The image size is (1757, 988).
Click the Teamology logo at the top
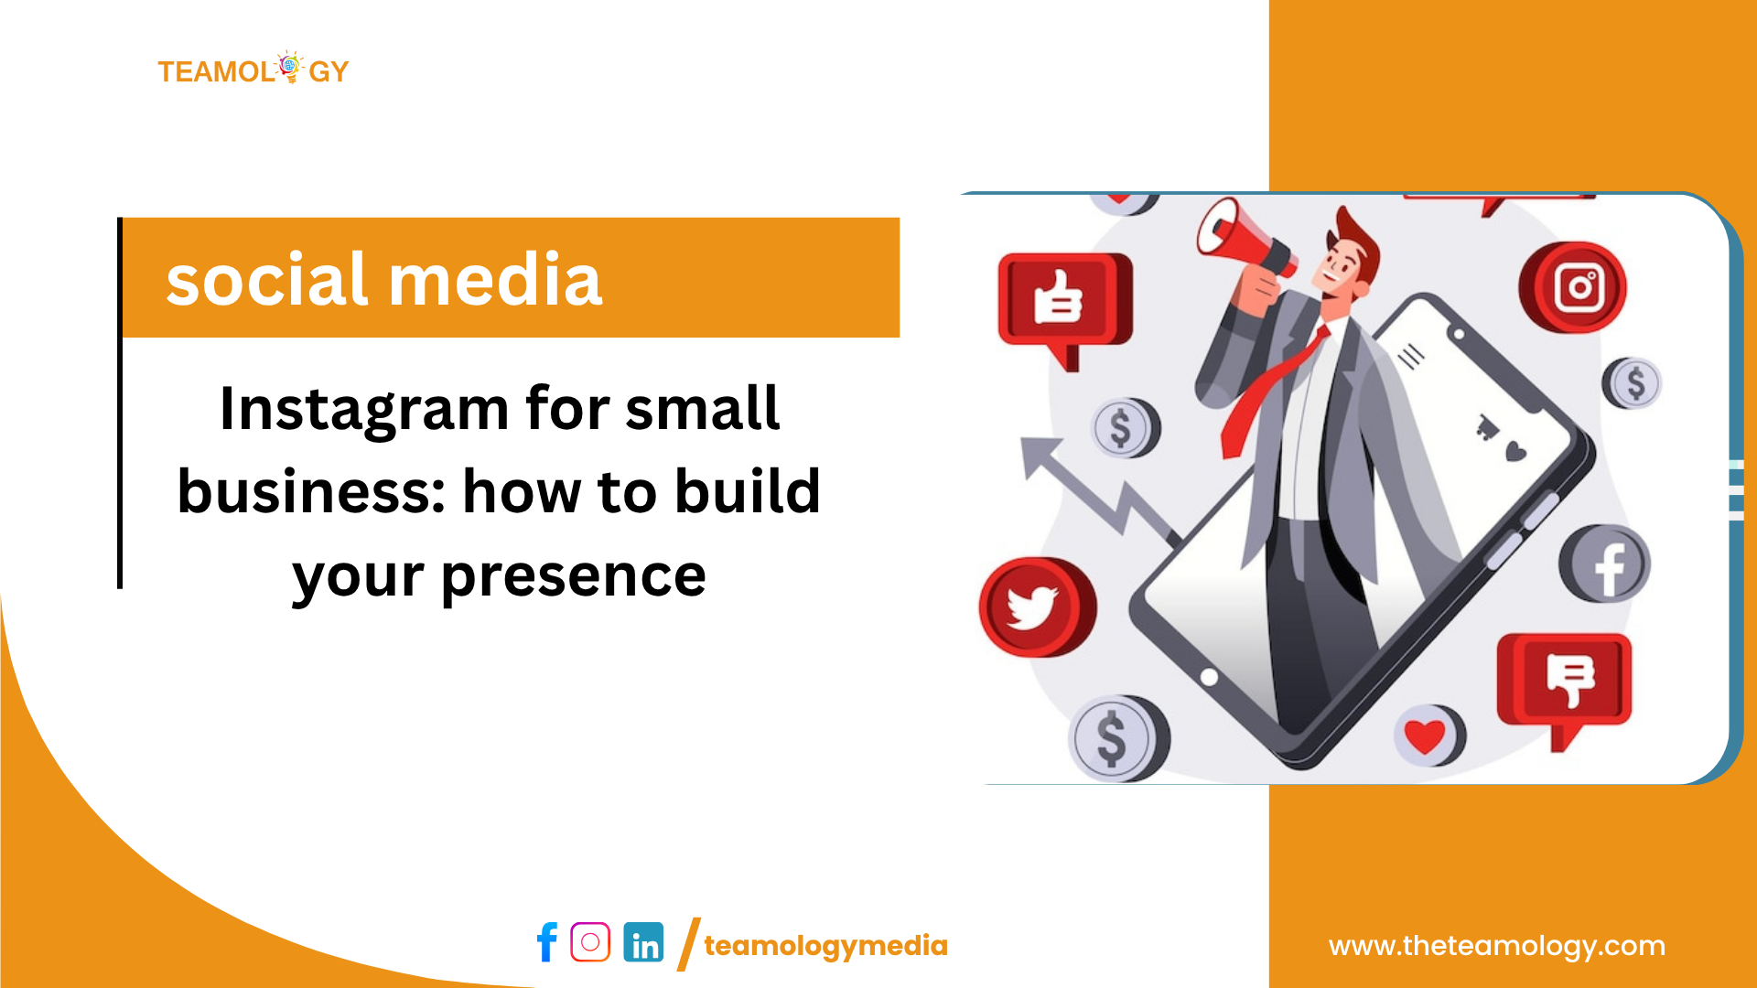(x=253, y=69)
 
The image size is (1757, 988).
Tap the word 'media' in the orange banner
(x=495, y=278)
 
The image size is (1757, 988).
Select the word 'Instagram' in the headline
(x=364, y=410)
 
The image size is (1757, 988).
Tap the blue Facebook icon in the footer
(x=546, y=942)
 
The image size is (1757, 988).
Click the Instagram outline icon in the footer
(x=590, y=942)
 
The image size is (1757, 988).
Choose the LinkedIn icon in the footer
(x=643, y=942)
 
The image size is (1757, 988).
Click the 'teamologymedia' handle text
(x=825, y=946)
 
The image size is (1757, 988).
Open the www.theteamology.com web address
(x=1497, y=946)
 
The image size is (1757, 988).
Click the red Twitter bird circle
(x=1038, y=607)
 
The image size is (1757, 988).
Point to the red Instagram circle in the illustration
(x=1573, y=287)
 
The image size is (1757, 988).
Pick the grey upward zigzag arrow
(x=1098, y=489)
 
